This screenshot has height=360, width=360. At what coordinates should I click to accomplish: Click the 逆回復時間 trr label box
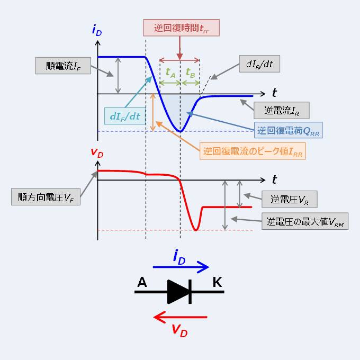181,28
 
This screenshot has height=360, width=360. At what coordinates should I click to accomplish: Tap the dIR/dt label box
259,65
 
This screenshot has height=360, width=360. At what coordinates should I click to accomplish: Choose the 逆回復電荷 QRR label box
289,130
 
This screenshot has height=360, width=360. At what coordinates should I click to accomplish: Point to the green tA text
170,73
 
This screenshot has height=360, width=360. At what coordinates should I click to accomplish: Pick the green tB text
190,73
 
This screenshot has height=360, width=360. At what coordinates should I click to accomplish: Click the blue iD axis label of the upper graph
97,31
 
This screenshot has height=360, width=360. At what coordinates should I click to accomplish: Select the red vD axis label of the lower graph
97,153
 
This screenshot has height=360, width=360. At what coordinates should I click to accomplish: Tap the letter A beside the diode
142,282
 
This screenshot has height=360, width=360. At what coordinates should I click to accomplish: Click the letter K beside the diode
217,282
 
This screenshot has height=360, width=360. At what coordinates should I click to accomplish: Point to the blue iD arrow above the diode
181,268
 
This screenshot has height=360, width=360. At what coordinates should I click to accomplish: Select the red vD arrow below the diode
180,318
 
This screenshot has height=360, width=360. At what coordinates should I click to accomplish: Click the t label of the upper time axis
274,93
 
